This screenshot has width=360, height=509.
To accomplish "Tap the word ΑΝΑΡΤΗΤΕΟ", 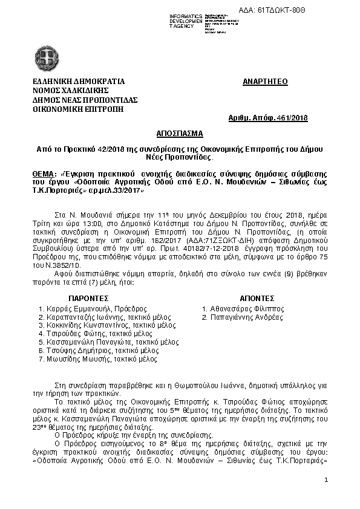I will pos(263,80).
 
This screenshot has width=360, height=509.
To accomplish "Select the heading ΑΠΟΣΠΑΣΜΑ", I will pos(180,132).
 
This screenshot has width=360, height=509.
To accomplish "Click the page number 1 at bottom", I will pos(326,480).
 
